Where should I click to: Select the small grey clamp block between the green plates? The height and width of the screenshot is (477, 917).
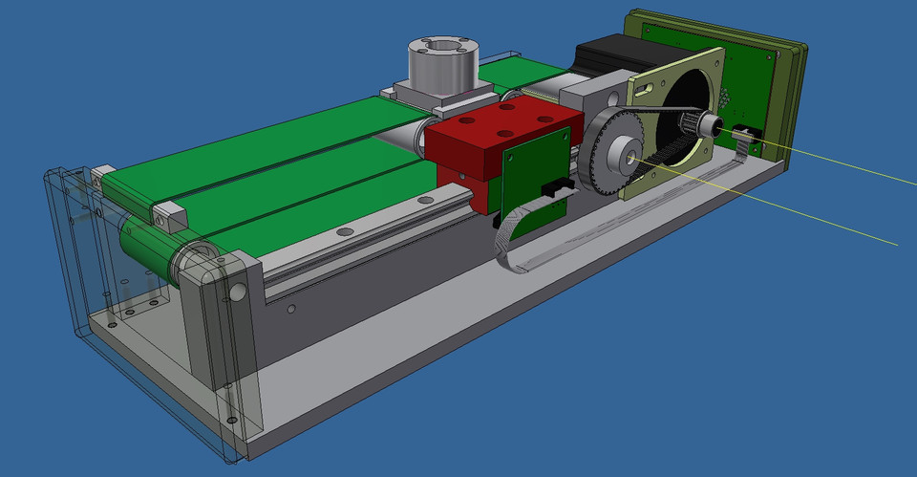pos(168,215)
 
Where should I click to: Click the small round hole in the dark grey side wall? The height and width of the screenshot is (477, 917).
pos(291,309)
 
